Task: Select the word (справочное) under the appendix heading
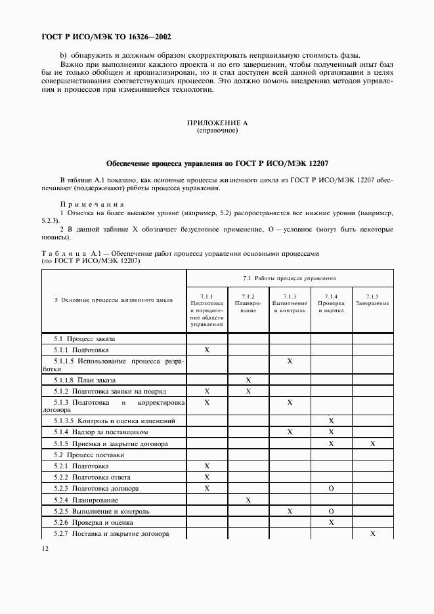[217, 131]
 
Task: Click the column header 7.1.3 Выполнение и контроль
[290, 303]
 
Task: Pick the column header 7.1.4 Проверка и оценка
[331, 303]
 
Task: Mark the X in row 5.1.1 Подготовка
[207, 350]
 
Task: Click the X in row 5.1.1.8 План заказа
[248, 380]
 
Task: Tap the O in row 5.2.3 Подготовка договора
[331, 489]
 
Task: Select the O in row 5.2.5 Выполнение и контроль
[331, 511]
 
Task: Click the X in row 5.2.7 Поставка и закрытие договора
[372, 534]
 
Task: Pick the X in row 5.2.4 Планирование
[248, 500]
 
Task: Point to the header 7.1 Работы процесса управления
[290, 278]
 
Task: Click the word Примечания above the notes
[92, 203]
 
